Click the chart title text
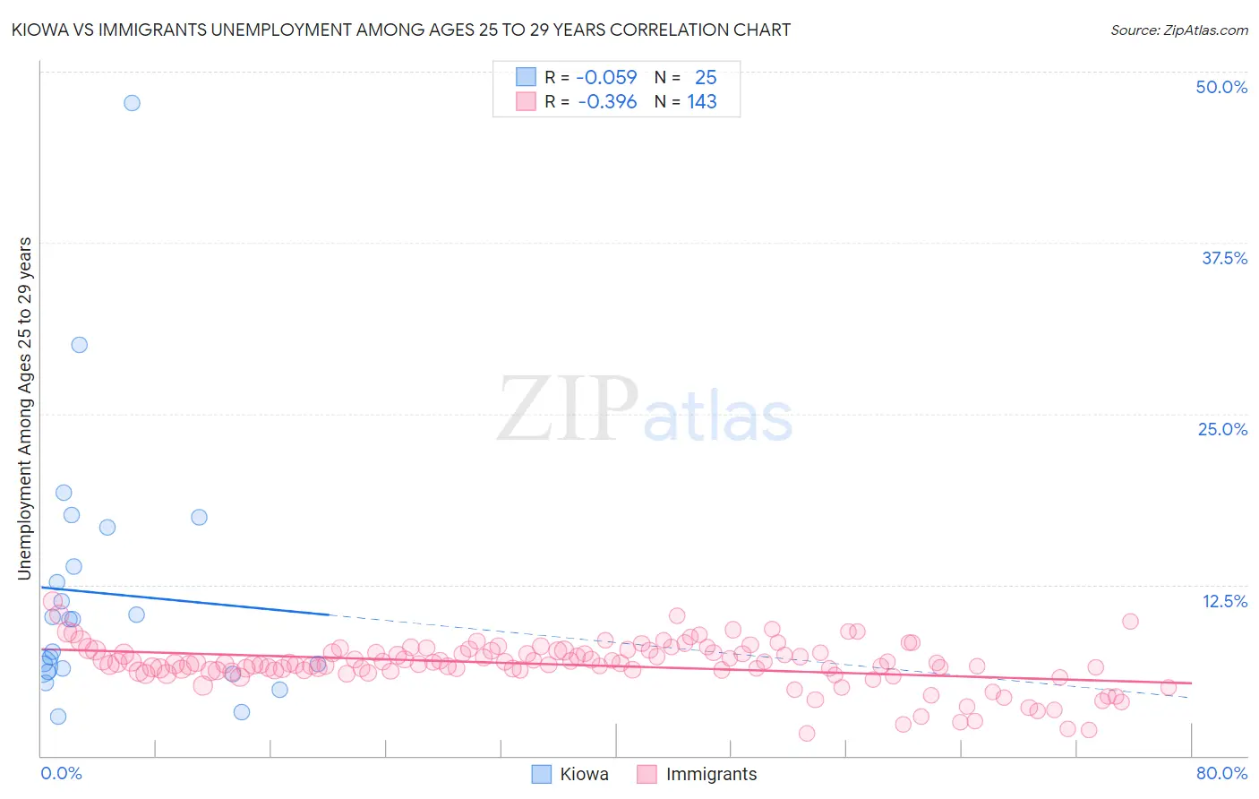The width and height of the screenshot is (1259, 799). (x=400, y=30)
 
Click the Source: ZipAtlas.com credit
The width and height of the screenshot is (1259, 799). (x=1178, y=30)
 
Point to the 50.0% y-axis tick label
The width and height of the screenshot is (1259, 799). (x=1221, y=87)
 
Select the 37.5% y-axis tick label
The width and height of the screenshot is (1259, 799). (x=1224, y=258)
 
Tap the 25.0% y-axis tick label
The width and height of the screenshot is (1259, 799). (x=1222, y=429)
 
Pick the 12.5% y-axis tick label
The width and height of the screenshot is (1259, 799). (x=1224, y=601)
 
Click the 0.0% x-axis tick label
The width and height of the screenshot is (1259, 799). (x=61, y=773)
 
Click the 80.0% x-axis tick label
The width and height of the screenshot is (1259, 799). (x=1221, y=773)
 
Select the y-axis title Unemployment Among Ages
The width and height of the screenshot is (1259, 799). (x=25, y=408)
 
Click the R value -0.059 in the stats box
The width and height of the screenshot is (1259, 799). (x=606, y=78)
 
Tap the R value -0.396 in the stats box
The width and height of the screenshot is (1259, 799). (x=607, y=102)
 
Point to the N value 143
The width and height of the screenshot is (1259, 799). (x=702, y=102)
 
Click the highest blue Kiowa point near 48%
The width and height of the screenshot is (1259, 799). (x=132, y=103)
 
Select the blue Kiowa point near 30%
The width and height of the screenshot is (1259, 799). (x=80, y=345)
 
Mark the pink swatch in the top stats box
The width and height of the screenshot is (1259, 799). (x=526, y=101)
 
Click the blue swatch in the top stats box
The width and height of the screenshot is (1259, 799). (x=526, y=77)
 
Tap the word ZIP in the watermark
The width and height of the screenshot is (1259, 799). (x=568, y=409)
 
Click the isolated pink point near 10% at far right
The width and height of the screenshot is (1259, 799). (x=1130, y=622)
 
